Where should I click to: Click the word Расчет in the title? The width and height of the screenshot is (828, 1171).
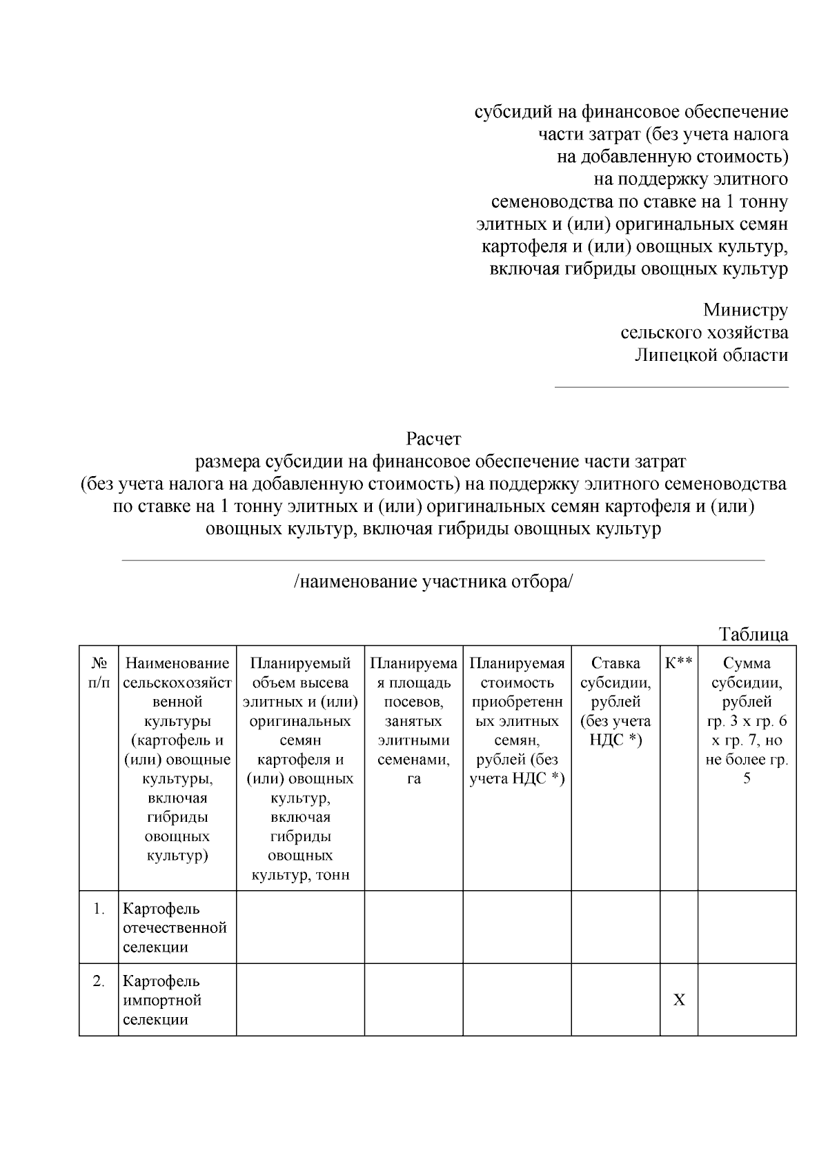pyautogui.click(x=433, y=439)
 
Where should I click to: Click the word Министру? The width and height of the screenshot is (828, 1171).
pyautogui.click(x=745, y=311)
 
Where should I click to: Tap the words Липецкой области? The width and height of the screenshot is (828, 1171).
pyautogui.click(x=711, y=355)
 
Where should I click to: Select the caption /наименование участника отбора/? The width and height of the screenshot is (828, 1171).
pyautogui.click(x=433, y=582)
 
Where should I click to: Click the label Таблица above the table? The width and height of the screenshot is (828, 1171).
pyautogui.click(x=753, y=633)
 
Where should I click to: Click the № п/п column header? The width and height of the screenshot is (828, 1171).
pyautogui.click(x=99, y=673)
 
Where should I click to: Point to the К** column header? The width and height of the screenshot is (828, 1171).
pyautogui.click(x=678, y=663)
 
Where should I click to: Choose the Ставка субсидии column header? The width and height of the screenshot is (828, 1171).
pyautogui.click(x=615, y=702)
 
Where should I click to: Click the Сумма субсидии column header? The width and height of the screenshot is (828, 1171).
pyautogui.click(x=747, y=721)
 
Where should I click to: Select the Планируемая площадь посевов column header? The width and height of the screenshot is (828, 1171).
pyautogui.click(x=413, y=721)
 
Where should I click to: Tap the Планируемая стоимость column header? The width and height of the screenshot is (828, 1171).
pyautogui.click(x=517, y=721)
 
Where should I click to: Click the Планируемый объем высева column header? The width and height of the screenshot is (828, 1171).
pyautogui.click(x=300, y=769)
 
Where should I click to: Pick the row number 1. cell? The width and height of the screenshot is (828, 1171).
pyautogui.click(x=99, y=909)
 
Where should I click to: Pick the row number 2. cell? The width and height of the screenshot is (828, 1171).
pyautogui.click(x=99, y=981)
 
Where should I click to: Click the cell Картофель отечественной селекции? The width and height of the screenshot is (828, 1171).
pyautogui.click(x=175, y=928)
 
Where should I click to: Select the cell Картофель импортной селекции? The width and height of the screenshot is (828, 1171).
pyautogui.click(x=163, y=1000)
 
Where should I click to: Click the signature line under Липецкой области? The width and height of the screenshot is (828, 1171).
pyautogui.click(x=672, y=387)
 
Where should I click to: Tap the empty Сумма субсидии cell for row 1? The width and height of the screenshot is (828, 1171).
pyautogui.click(x=747, y=927)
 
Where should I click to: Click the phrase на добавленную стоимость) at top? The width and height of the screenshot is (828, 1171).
pyautogui.click(x=672, y=157)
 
